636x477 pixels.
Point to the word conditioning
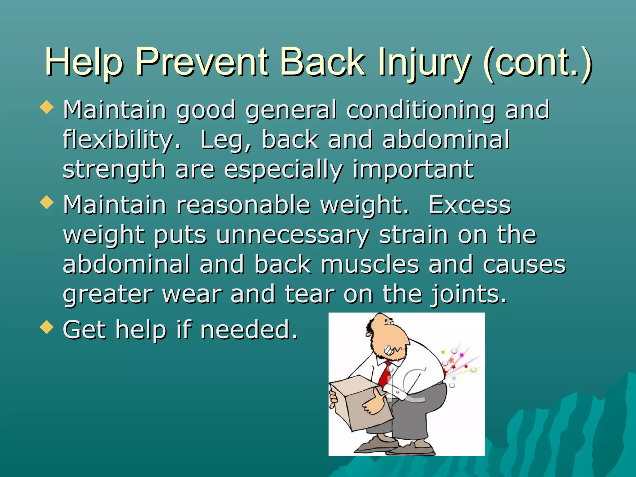click(421, 111)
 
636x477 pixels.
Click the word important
click(413, 170)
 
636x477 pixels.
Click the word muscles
click(370, 265)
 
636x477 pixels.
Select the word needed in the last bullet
click(248, 330)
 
